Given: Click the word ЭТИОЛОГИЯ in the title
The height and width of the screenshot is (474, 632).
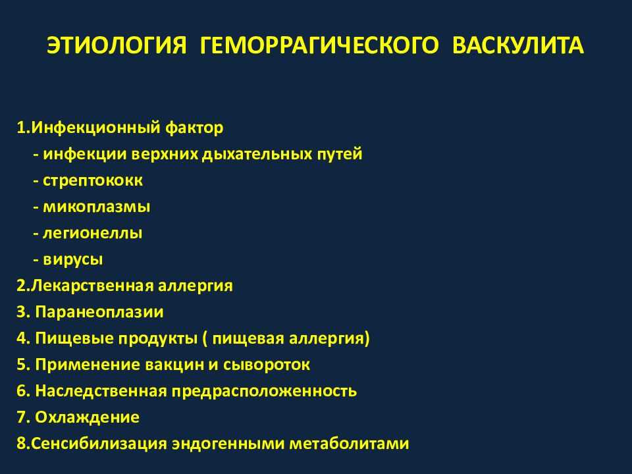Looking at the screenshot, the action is (117, 45).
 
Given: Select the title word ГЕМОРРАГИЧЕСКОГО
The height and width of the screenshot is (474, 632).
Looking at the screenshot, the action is (319, 45).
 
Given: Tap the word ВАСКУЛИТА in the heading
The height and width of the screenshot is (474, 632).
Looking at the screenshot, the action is (517, 45).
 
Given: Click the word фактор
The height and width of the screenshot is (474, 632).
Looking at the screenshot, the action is (194, 128).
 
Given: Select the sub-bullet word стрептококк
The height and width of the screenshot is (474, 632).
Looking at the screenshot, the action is (93, 180).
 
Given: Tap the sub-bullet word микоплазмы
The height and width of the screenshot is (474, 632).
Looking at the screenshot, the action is (97, 207).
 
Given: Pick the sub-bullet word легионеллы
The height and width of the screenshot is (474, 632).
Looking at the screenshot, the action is (92, 233).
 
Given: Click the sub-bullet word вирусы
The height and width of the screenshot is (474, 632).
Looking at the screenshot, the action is (73, 259).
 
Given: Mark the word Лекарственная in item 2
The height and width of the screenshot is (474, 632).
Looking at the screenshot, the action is (92, 286).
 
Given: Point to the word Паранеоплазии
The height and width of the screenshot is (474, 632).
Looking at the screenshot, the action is (99, 312).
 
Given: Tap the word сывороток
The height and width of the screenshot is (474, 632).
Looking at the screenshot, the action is (267, 365).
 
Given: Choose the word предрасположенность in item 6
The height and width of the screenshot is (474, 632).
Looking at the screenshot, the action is (265, 391).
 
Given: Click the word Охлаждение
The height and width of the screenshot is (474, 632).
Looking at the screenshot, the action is (87, 417).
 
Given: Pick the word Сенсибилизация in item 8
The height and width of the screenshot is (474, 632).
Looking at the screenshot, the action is (99, 444).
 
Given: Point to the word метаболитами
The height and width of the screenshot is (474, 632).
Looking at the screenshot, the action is (350, 444).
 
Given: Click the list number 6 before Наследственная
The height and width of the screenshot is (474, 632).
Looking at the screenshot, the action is (22, 391).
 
